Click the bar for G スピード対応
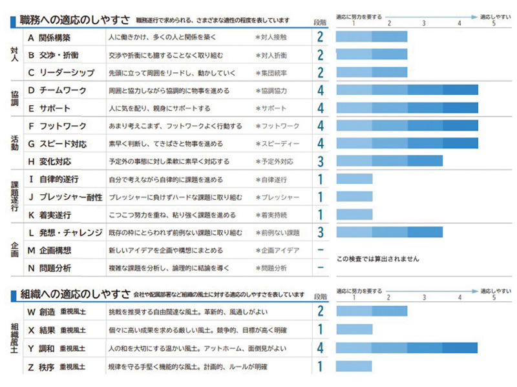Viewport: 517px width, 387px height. click(407, 143)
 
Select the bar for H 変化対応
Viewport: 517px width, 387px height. click(389, 161)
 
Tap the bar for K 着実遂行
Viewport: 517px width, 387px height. click(354, 214)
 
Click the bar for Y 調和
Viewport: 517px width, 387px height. click(407, 348)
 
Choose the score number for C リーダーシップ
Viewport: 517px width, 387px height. click(320, 73)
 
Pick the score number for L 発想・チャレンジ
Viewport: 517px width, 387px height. click(320, 232)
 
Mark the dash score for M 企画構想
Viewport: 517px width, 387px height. click(320, 250)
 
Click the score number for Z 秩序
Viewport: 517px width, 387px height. click(320, 367)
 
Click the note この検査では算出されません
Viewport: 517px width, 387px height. click(377, 259)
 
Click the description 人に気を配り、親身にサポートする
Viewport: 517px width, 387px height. click(160, 108)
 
